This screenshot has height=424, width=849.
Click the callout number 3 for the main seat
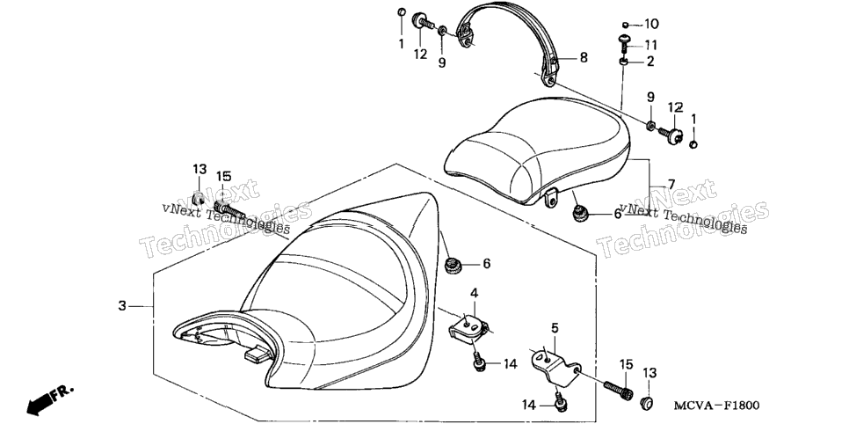pos(122,306)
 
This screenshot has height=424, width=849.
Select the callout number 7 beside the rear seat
pos(671,185)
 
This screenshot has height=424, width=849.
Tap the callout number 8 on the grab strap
pos(584,57)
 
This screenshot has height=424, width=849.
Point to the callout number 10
pos(651,24)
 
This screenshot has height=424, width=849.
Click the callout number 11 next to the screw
pos(650,45)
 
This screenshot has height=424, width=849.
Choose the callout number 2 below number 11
pos(649,62)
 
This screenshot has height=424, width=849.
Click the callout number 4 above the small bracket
pos(474,293)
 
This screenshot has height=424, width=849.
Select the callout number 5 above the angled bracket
pos(555,328)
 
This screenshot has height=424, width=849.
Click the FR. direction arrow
pos(48,400)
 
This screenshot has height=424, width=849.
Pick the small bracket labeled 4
pos(469,329)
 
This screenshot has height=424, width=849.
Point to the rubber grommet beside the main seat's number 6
pos(452,267)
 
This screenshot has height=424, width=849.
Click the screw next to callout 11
pos(625,43)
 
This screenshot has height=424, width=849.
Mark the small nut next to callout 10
pos(625,25)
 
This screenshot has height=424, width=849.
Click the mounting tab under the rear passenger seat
pos(550,197)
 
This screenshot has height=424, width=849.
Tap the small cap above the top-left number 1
pos(402,12)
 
